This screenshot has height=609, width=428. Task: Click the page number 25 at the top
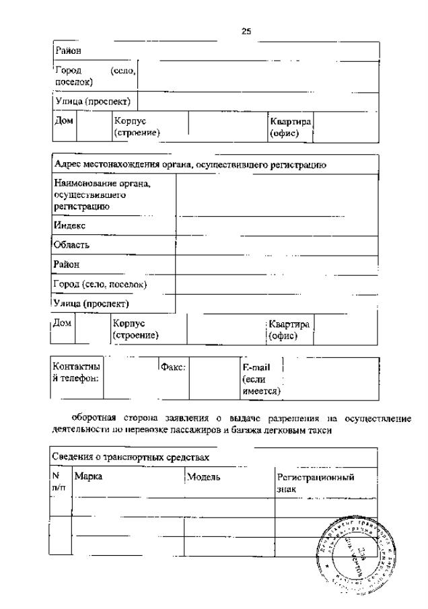246,30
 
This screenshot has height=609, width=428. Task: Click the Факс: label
172,367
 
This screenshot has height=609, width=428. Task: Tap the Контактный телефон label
76,372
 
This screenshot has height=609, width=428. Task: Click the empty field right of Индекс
277,226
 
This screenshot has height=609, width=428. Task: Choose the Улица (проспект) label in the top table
95,102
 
